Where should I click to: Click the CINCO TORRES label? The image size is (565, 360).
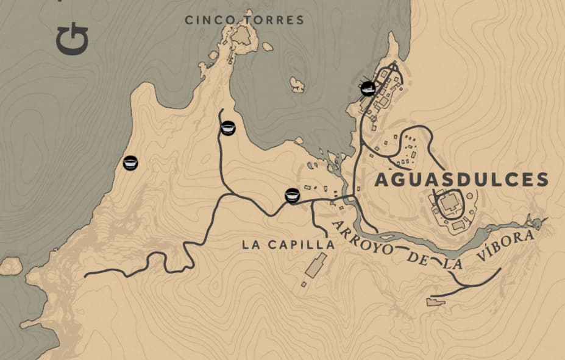click(x=244, y=21)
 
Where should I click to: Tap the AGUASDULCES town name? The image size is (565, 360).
click(x=461, y=180)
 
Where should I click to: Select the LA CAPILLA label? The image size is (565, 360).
click(x=288, y=245)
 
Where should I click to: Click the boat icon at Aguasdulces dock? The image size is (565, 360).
click(x=368, y=88)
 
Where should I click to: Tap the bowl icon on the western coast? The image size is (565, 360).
click(x=130, y=163)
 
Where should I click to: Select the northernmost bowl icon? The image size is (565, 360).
click(x=228, y=128)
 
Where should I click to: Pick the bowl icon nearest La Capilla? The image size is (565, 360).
click(x=292, y=196)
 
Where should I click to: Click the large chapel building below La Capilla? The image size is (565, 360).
click(x=316, y=266)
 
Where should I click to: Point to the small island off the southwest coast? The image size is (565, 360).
click(x=11, y=265)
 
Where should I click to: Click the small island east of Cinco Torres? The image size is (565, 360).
click(x=297, y=84)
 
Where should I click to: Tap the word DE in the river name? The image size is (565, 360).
click(x=416, y=258)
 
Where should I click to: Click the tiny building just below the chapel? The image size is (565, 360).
click(x=304, y=284)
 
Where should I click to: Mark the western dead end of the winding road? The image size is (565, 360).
click(x=85, y=276)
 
